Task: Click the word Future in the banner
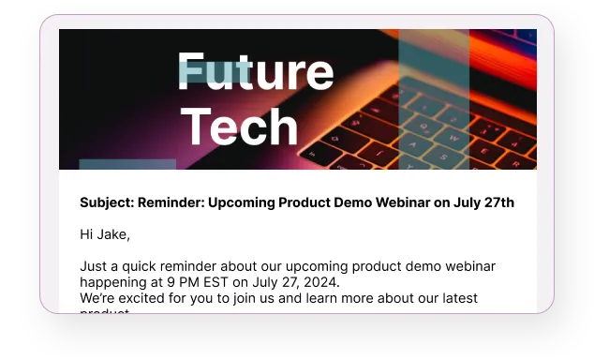pyautogui.click(x=255, y=72)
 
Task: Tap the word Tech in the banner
pyautogui.click(x=239, y=127)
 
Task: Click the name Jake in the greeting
pyautogui.click(x=112, y=234)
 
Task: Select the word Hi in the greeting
pyautogui.click(x=87, y=234)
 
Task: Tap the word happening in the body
pyautogui.click(x=114, y=282)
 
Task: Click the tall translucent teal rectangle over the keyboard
pyautogui.click(x=434, y=98)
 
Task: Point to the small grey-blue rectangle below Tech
pyautogui.click(x=114, y=165)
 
